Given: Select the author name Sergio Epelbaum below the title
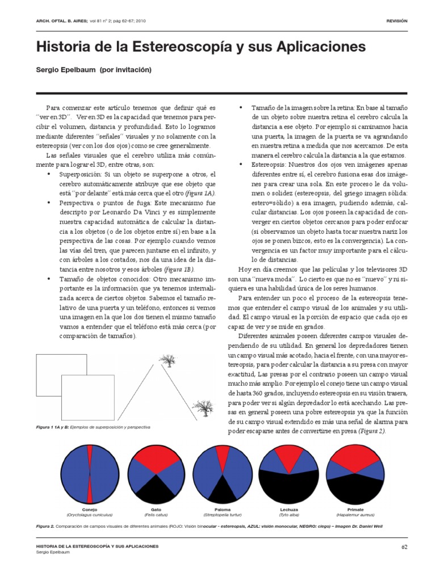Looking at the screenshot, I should (x=65, y=70).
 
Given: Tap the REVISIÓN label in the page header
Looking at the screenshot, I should (x=397, y=20).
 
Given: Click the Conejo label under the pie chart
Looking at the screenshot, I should (x=90, y=510).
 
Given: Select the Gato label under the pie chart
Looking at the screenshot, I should (x=156, y=510).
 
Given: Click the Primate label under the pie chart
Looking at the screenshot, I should (x=356, y=510).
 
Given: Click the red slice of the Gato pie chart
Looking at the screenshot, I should (x=156, y=457).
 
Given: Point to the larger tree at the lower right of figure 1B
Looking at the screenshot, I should (x=202, y=407).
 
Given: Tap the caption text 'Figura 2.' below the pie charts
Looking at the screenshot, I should (x=45, y=526).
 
